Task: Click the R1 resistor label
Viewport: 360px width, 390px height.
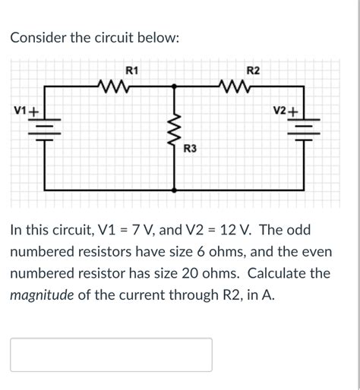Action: pyautogui.click(x=131, y=71)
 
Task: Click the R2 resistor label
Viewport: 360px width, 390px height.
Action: pyautogui.click(x=253, y=71)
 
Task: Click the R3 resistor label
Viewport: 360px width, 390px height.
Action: pyautogui.click(x=191, y=150)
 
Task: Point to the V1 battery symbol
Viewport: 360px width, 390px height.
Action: pyautogui.click(x=46, y=129)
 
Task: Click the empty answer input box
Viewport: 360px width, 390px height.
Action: pyautogui.click(x=111, y=354)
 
